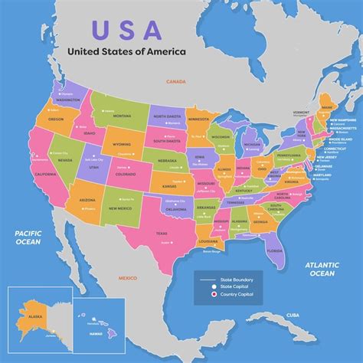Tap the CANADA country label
[178, 80]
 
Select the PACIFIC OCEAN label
[28, 238]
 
